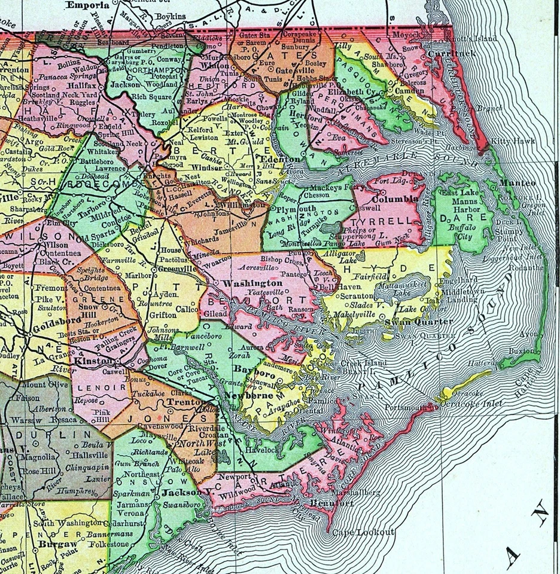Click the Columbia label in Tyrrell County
click(x=395, y=199)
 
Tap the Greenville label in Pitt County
click(x=179, y=269)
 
